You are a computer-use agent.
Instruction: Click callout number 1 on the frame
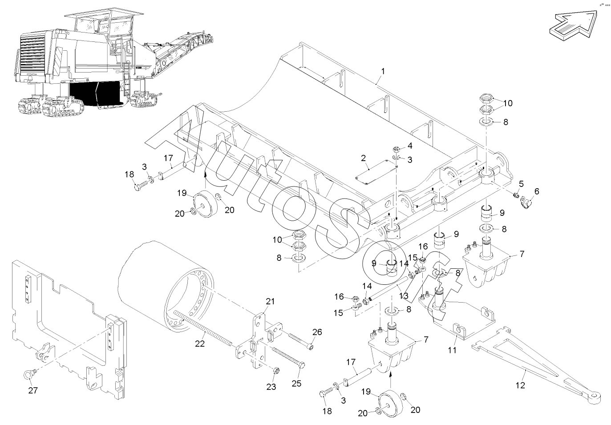[x=383, y=71]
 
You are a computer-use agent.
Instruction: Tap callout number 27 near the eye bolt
[x=33, y=390]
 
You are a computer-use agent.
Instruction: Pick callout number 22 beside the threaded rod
[x=200, y=344]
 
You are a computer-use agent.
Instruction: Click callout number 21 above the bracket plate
[x=270, y=302]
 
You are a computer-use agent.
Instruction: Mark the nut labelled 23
[x=275, y=370]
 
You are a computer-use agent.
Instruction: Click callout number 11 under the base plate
[x=452, y=350]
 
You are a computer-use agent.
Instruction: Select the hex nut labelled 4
[x=396, y=150]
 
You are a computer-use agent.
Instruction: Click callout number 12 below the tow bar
[x=520, y=385]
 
